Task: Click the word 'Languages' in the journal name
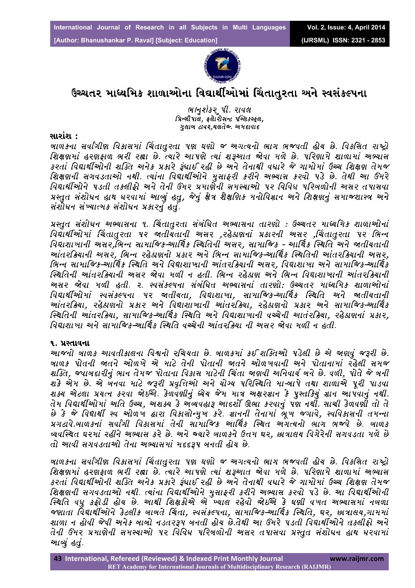[268, 27]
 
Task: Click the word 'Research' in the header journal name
[150, 27]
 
